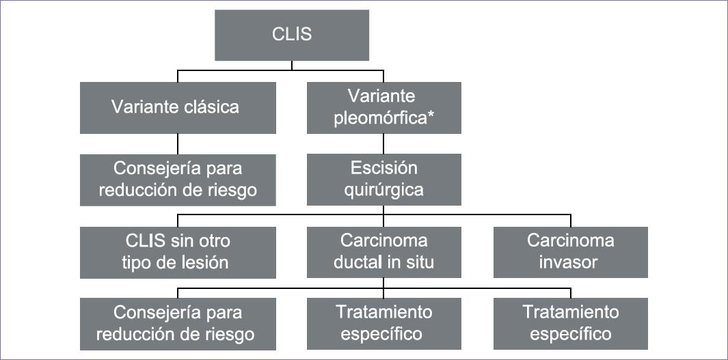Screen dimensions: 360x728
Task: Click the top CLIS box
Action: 292,34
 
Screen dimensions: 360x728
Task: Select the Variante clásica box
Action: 178,107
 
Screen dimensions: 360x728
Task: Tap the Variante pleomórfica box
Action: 383,107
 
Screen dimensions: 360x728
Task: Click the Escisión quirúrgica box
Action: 383,179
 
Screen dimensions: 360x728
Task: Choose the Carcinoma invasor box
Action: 571,251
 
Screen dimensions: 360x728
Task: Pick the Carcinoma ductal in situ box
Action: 383,251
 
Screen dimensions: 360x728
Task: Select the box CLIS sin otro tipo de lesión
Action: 178,251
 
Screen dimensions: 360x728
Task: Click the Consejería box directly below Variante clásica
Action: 178,179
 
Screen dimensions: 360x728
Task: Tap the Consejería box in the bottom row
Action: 178,323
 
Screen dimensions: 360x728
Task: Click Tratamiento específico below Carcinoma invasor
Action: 571,323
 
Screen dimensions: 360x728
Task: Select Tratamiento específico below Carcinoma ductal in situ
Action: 383,323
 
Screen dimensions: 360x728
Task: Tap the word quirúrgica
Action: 383,189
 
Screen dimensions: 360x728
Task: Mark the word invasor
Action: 571,262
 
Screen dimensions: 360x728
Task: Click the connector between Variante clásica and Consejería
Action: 178,143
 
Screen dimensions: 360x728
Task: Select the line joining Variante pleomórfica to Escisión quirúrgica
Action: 383,143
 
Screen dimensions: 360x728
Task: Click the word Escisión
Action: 383,169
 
